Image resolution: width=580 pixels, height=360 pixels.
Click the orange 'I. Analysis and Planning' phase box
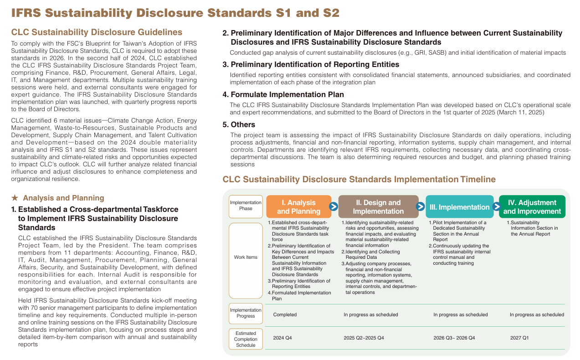click(x=298, y=207)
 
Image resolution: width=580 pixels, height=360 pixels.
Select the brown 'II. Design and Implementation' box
click(x=378, y=207)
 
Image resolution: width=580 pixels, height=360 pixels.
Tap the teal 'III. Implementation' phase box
click(x=459, y=207)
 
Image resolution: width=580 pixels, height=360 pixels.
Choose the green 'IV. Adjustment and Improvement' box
click(x=532, y=207)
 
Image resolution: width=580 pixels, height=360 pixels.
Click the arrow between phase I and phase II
click(x=334, y=207)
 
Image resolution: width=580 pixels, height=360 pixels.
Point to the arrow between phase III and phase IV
click(x=497, y=207)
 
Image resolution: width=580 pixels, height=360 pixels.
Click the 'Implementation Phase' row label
click(x=246, y=206)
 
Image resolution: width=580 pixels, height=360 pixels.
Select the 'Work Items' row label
click(x=246, y=257)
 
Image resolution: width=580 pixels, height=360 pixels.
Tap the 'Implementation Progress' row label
click(x=246, y=313)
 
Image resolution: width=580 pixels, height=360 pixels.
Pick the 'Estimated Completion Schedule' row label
click(x=246, y=339)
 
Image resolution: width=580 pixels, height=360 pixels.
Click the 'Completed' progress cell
click(x=285, y=314)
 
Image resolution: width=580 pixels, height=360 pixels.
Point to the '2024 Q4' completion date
click(x=282, y=338)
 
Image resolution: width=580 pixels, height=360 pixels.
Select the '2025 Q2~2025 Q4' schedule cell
click(x=364, y=338)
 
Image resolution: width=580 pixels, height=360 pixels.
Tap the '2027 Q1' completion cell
click(x=519, y=338)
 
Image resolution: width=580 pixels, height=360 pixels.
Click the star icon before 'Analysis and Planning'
click(x=15, y=198)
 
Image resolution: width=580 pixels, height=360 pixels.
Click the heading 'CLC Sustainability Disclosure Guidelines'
click(x=97, y=32)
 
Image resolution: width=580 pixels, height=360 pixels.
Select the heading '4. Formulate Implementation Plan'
click(x=283, y=94)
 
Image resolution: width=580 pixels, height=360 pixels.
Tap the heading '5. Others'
click(x=239, y=124)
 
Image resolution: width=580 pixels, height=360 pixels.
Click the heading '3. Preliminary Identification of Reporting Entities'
click(x=311, y=64)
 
